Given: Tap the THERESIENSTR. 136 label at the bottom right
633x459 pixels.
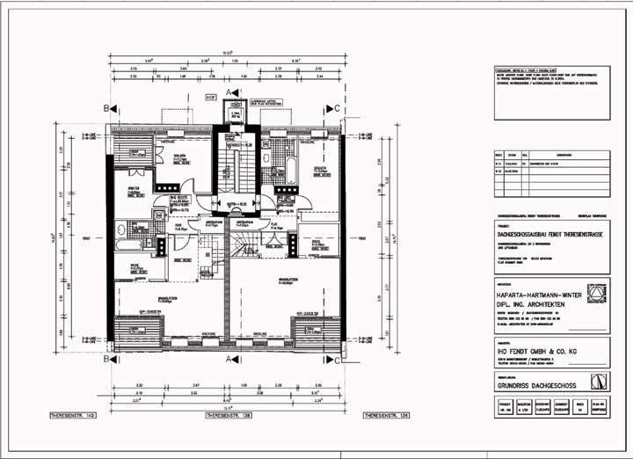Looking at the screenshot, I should (388, 413).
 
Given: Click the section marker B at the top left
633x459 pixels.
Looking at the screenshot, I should (106, 108).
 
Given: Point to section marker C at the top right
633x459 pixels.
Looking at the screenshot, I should (338, 108).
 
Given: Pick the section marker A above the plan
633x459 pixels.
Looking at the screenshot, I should (229, 91).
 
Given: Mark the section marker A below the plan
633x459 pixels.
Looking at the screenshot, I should (229, 360).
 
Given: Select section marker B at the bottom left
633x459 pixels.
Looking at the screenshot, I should (106, 360).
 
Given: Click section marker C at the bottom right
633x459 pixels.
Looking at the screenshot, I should (338, 360).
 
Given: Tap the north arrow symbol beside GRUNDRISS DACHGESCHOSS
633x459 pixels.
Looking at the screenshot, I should (599, 381).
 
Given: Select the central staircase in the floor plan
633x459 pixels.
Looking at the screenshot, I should (235, 167).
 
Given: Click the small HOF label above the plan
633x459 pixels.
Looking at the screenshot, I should (210, 97).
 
